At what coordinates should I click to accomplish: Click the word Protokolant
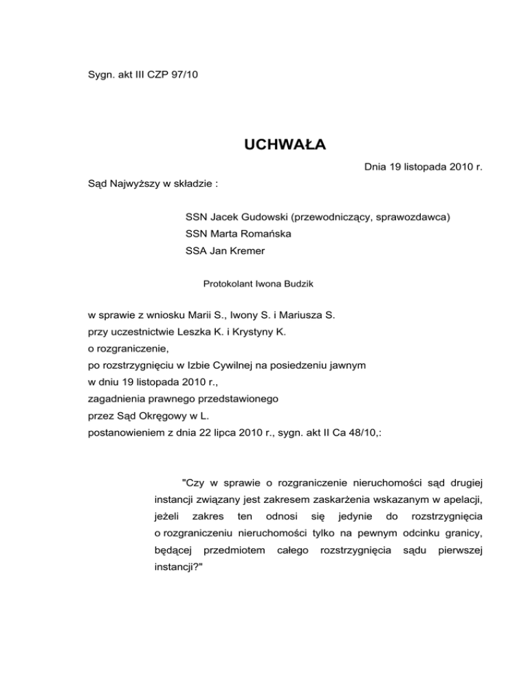click(228, 282)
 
